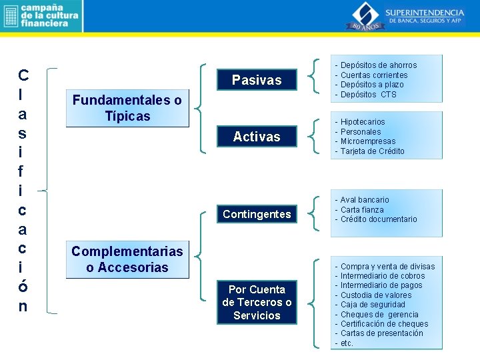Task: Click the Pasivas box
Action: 257,80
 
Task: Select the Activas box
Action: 257,137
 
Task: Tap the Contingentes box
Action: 257,214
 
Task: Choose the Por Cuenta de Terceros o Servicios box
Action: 257,302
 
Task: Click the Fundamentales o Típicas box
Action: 127,108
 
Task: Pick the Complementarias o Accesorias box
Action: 127,259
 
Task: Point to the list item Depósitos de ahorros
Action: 378,65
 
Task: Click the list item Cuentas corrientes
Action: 373,75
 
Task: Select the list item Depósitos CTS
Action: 368,95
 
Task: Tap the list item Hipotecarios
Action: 362,122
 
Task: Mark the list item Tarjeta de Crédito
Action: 372,151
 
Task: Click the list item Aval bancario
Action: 364,200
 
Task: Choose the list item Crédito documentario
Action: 378,219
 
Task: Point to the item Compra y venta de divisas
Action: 387,267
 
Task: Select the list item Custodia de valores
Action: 375,295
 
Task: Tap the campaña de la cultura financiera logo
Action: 41,16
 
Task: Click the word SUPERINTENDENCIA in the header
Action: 426,12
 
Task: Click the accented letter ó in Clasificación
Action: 23,287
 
